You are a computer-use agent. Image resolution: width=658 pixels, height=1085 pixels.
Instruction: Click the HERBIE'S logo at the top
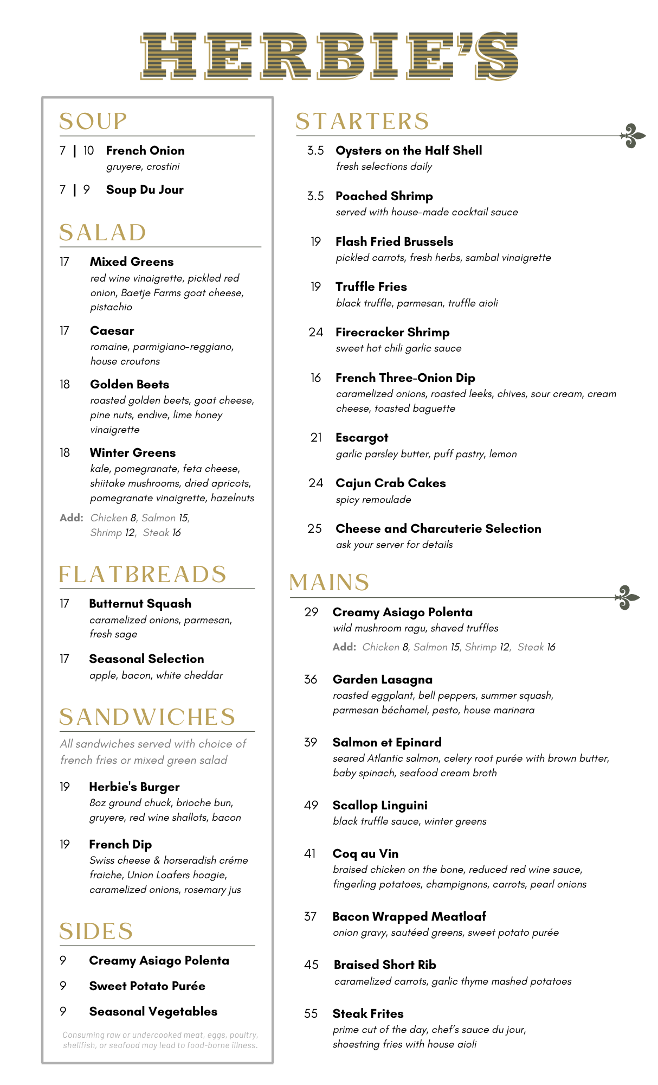(329, 56)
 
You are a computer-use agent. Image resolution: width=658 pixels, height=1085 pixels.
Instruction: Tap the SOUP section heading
(93, 122)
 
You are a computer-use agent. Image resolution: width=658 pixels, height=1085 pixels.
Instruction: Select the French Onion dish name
(145, 151)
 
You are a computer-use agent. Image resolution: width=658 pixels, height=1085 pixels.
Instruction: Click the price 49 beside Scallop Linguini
(311, 805)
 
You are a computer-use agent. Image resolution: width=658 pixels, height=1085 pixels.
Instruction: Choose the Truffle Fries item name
(371, 287)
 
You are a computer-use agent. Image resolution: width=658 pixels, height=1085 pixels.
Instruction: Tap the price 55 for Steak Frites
(311, 1013)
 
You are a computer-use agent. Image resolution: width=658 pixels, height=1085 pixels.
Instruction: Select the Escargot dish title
(362, 438)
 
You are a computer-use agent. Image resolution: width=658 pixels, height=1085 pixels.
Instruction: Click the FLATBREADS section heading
(143, 575)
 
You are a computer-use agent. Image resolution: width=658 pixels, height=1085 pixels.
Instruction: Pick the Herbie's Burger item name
(134, 787)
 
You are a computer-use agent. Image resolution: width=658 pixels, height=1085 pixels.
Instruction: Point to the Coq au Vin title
(365, 854)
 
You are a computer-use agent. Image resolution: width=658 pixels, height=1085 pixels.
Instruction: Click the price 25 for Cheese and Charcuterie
(314, 528)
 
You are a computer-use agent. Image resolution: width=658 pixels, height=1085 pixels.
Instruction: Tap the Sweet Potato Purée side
(147, 986)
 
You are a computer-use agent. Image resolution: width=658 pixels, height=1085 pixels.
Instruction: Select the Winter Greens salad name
(133, 453)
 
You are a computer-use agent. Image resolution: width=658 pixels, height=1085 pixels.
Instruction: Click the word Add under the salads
(71, 518)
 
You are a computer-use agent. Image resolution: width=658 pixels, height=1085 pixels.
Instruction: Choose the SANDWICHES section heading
(147, 717)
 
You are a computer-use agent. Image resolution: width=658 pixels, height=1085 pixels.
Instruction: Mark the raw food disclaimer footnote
(160, 1040)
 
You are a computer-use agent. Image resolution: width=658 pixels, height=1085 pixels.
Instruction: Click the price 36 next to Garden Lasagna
(311, 679)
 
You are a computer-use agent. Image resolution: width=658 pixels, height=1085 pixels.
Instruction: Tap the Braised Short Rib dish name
(385, 965)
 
